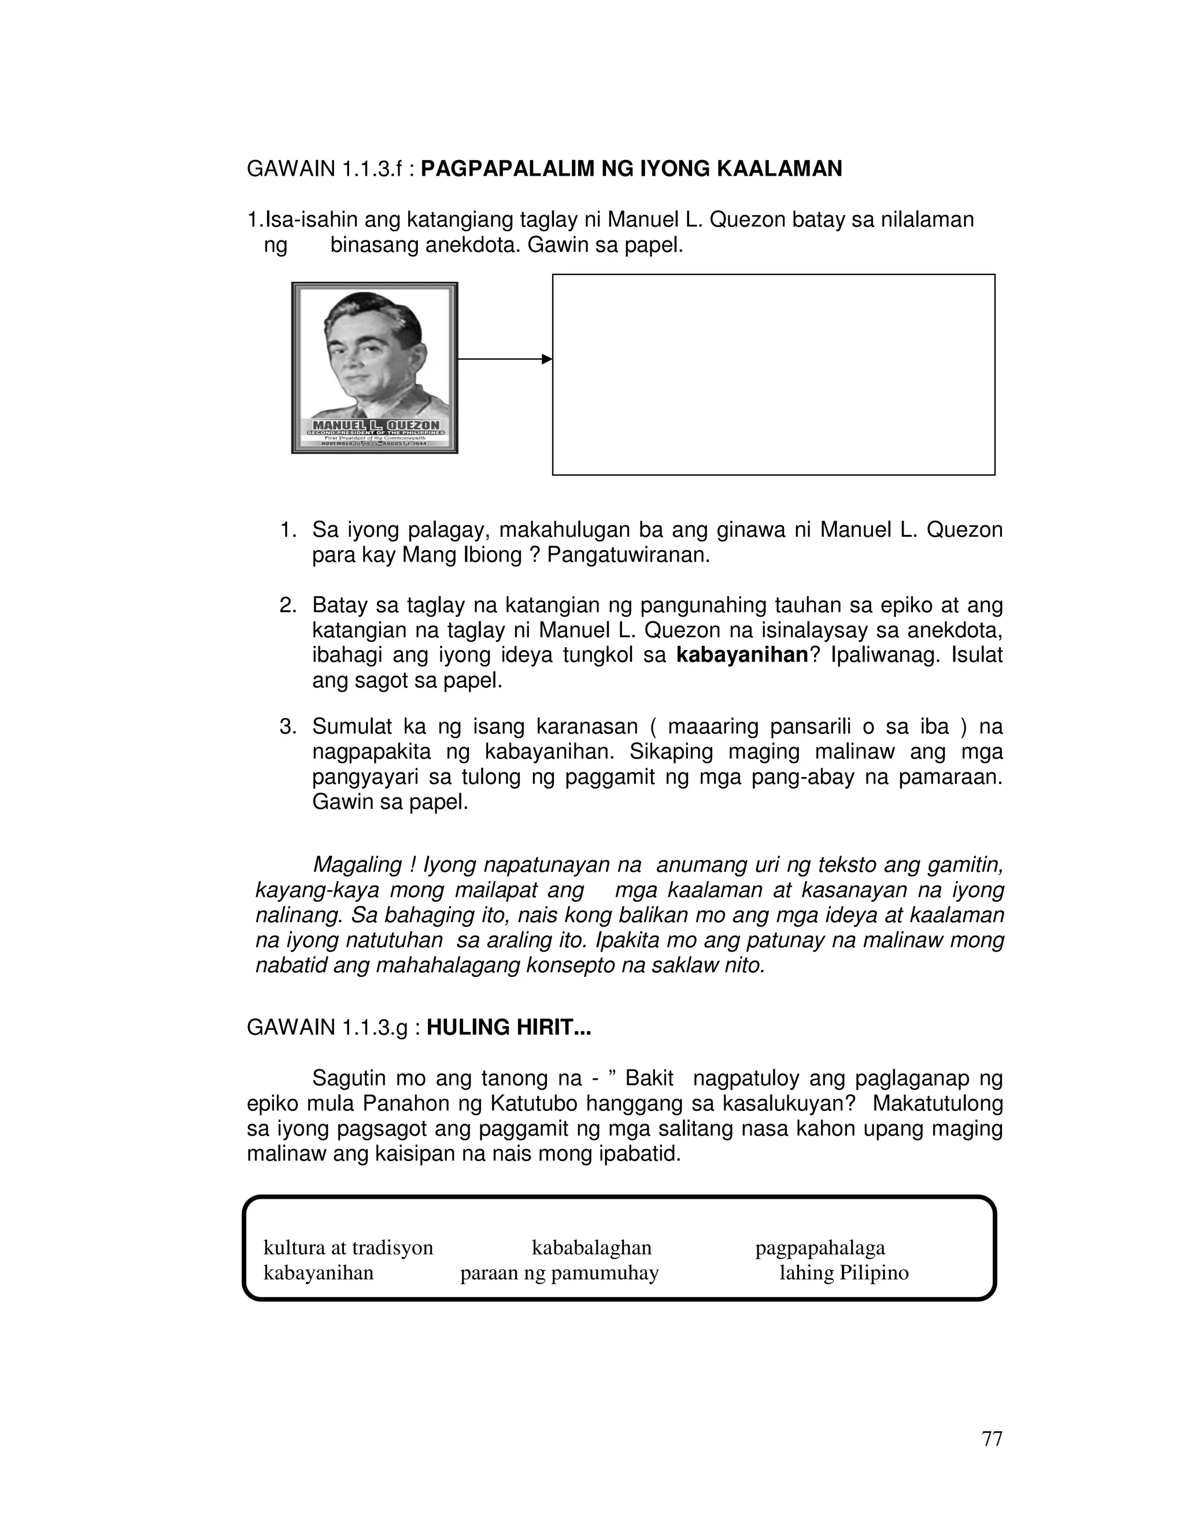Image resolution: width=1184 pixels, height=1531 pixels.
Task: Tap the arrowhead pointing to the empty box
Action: (x=547, y=359)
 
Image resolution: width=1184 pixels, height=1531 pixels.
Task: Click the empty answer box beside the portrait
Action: (x=773, y=374)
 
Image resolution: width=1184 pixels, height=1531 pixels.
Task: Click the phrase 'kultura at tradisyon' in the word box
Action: (x=348, y=1248)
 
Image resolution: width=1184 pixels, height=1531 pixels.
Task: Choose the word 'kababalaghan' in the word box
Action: (x=591, y=1248)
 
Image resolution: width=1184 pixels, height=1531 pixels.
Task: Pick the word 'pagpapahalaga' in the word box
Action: (x=820, y=1248)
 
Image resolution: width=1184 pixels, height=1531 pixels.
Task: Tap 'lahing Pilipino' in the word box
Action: (x=844, y=1273)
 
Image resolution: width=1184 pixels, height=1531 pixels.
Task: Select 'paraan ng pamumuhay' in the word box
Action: (x=559, y=1273)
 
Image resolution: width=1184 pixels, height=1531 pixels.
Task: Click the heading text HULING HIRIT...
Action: (x=509, y=1028)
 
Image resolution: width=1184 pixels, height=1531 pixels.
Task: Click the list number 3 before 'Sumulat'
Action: (x=287, y=727)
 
